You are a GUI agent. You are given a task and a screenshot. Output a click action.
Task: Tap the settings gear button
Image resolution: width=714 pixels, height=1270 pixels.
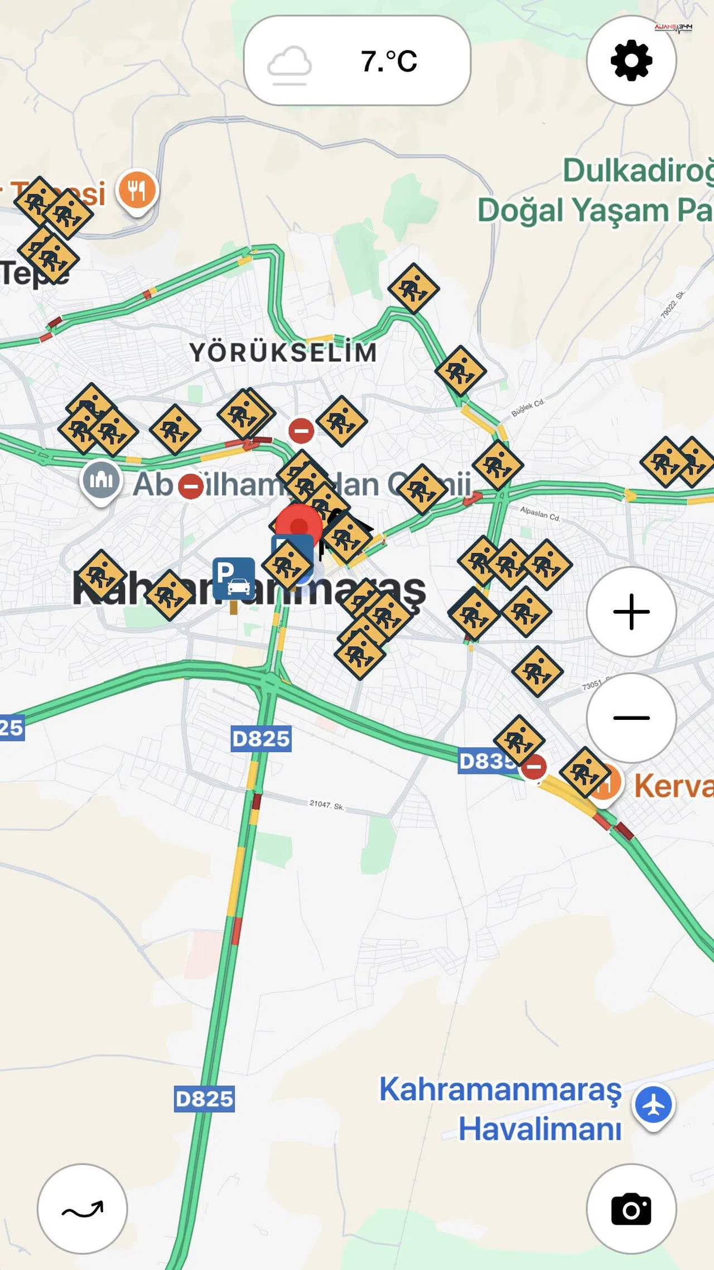631,60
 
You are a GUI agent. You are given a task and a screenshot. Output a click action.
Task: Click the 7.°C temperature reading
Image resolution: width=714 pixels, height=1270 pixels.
389,61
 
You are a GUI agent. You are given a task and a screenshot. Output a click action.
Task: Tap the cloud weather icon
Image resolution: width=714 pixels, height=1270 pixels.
289,64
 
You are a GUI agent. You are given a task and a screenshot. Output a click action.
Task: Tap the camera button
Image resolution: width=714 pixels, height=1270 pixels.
631,1209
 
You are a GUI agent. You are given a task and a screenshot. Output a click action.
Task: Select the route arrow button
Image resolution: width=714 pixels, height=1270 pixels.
83,1209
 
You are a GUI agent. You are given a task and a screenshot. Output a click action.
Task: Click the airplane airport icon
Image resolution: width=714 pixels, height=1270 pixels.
653,1105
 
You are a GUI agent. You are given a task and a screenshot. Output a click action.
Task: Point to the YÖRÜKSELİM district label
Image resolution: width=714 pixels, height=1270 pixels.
283,353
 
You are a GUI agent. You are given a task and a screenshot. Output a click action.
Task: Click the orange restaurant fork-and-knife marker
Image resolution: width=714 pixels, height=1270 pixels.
137,191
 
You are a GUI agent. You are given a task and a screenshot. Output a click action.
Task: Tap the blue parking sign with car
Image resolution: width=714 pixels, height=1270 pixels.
234,579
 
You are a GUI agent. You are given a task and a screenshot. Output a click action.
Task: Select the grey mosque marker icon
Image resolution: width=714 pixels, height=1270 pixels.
101,480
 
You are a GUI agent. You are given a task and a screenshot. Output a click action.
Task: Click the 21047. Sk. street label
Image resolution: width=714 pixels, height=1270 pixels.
326,805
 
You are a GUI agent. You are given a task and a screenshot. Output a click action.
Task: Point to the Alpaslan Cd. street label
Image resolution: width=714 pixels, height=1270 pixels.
539,513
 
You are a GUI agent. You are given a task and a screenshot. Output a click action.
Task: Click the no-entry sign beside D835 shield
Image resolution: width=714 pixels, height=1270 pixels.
534,767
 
